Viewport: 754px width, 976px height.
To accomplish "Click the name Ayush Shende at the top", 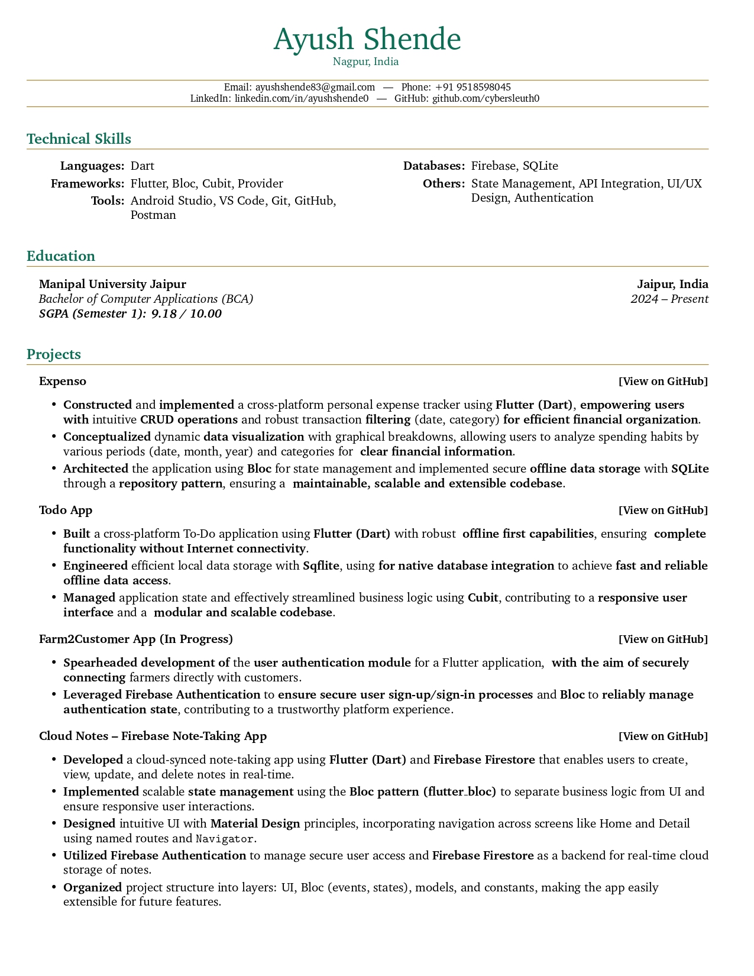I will tap(367, 39).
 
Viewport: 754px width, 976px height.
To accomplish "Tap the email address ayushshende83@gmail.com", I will tap(315, 87).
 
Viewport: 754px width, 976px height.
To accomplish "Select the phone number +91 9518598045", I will tap(473, 87).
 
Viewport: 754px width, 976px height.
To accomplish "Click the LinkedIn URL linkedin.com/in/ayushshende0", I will tap(301, 98).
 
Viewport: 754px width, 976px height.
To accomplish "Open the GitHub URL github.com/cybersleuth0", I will tap(486, 98).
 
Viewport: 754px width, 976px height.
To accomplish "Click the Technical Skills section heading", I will tap(79, 139).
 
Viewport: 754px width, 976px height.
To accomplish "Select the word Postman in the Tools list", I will tap(153, 215).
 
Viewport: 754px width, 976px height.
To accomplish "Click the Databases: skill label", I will tap(433, 166).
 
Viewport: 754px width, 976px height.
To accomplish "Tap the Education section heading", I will tap(61, 256).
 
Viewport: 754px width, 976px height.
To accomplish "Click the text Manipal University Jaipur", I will tap(112, 284).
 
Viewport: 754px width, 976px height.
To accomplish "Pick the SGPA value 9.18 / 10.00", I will tap(186, 314).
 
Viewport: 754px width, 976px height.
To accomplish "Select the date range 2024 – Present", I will tap(669, 299).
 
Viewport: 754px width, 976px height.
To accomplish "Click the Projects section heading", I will tap(54, 354).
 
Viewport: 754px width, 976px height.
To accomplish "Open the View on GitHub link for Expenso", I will tap(663, 382).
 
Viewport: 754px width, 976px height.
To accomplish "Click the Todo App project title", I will tap(66, 510).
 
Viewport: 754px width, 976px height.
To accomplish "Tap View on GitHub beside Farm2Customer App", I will tap(663, 639).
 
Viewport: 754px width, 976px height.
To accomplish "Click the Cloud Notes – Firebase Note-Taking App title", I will tap(153, 736).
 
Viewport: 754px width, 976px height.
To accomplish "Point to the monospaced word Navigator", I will tap(225, 838).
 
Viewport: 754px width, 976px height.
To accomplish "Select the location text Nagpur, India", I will tap(365, 62).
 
